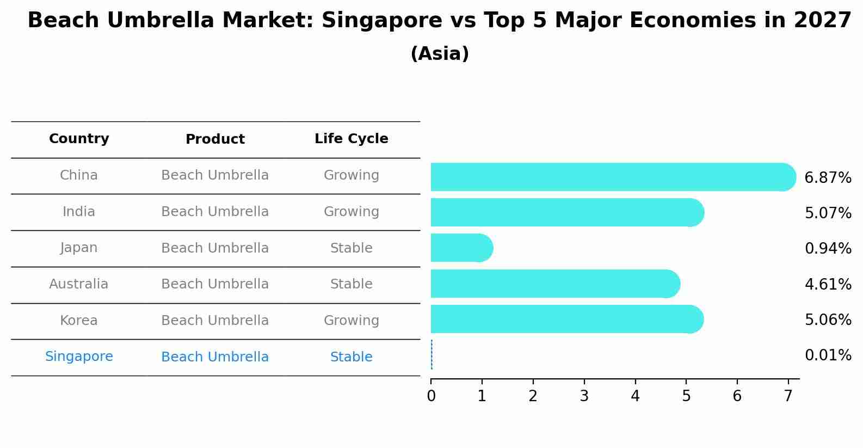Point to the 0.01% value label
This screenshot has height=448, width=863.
pyautogui.click(x=828, y=355)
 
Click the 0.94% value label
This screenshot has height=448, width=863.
pyautogui.click(x=828, y=249)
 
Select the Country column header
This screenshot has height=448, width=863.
pyautogui.click(x=79, y=139)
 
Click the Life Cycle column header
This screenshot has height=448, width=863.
pyautogui.click(x=351, y=139)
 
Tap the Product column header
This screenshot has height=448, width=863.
pyautogui.click(x=215, y=139)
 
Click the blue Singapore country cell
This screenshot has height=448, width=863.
pyautogui.click(x=79, y=357)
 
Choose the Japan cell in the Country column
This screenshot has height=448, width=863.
pyautogui.click(x=79, y=248)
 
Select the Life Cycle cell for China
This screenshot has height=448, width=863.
pyautogui.click(x=351, y=175)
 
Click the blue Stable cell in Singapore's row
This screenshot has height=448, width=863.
pyautogui.click(x=351, y=357)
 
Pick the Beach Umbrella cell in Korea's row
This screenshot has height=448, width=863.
pyautogui.click(x=215, y=321)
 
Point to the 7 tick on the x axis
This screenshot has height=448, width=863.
pyautogui.click(x=788, y=396)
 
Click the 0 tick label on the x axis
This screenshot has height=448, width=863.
pyautogui.click(x=431, y=396)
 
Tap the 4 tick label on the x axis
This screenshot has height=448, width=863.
pyautogui.click(x=635, y=396)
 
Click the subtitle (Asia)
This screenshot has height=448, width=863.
pyautogui.click(x=440, y=54)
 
